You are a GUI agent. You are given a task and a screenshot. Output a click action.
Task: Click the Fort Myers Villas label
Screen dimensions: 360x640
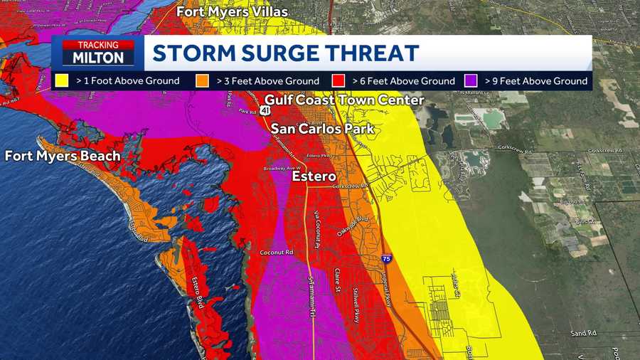[232, 11]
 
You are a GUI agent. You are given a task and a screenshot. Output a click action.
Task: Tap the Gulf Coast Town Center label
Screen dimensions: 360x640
[344, 100]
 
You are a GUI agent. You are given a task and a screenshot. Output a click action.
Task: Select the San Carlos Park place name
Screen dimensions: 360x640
[322, 129]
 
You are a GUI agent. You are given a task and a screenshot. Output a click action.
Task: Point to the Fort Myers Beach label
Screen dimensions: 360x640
[63, 156]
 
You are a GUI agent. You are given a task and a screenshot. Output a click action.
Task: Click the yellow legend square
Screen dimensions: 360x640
[63, 80]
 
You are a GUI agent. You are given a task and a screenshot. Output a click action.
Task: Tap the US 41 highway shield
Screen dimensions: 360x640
[265, 112]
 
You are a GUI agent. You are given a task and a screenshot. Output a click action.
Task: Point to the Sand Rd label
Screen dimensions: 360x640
[581, 333]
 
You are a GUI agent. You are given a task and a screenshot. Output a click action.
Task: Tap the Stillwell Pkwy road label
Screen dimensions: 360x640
[357, 302]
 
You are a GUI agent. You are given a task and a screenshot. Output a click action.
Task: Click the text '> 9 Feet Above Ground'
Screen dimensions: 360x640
[536, 81]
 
